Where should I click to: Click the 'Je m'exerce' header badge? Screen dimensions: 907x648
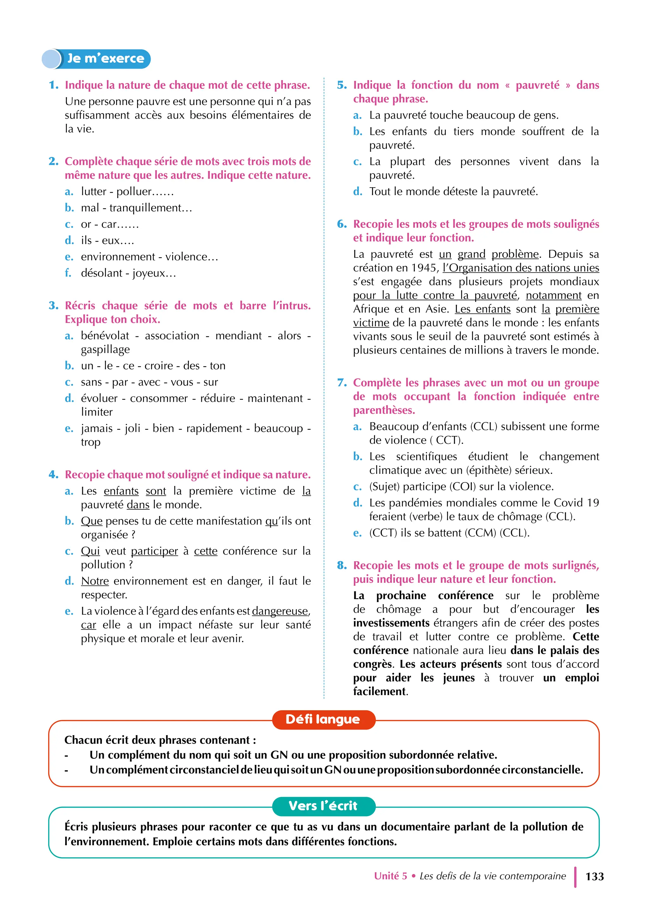click(x=97, y=59)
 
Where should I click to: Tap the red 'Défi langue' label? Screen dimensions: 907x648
click(x=323, y=719)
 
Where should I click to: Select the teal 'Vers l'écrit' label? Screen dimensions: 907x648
click(x=323, y=806)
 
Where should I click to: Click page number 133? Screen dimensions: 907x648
click(x=595, y=876)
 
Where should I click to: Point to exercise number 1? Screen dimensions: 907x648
click(x=53, y=85)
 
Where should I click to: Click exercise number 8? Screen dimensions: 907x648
click(x=342, y=565)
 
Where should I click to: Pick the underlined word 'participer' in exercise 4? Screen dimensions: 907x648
click(x=154, y=551)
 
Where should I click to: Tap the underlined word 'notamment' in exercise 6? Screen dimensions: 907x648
click(x=553, y=295)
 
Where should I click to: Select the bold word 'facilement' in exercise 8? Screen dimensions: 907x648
click(x=379, y=691)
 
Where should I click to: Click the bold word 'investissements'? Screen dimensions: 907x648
click(x=391, y=623)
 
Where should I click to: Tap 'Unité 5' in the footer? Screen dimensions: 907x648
click(x=390, y=876)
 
